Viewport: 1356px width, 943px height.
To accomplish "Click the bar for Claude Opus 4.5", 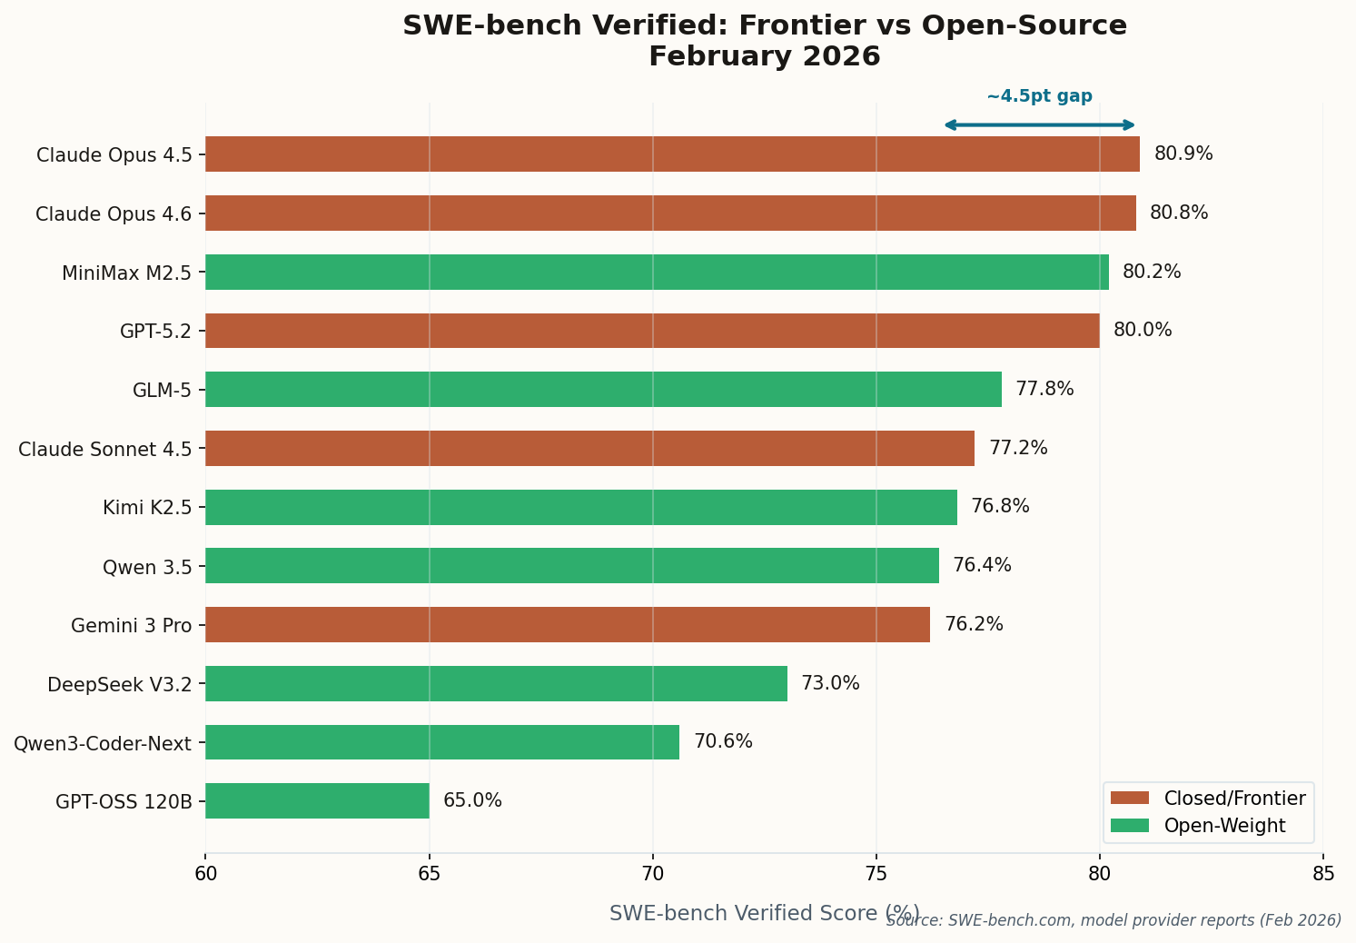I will (x=672, y=154).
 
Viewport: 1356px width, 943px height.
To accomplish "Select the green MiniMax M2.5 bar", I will (x=657, y=273).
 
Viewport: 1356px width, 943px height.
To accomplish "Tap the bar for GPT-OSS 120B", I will (x=317, y=801).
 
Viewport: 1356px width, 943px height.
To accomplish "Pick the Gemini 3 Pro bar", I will (x=568, y=625).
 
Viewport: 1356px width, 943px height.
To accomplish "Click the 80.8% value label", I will (x=1178, y=213).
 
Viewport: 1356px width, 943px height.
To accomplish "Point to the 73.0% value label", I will (x=830, y=684).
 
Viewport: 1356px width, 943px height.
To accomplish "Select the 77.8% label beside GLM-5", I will (x=1044, y=390).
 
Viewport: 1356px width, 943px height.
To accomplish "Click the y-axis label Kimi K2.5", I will (x=147, y=508).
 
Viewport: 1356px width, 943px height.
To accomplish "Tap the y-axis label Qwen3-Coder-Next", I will (x=103, y=744).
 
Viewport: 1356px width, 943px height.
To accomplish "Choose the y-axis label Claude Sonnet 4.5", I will (x=105, y=449).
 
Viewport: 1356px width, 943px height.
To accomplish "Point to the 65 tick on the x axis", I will (x=429, y=875).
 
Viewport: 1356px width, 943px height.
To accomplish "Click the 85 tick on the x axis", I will (x=1323, y=875).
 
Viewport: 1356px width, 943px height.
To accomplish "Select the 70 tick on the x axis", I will (x=652, y=875).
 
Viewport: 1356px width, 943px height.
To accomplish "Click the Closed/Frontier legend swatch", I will (x=1130, y=799).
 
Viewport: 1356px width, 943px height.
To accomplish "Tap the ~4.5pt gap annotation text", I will (x=1039, y=96).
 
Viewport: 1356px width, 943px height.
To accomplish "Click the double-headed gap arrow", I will (x=1039, y=125).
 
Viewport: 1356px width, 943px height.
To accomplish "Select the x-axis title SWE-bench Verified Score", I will (x=764, y=913).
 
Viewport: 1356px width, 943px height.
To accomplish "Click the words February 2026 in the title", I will (x=764, y=56).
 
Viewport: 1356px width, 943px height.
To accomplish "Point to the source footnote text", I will (x=1114, y=920).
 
